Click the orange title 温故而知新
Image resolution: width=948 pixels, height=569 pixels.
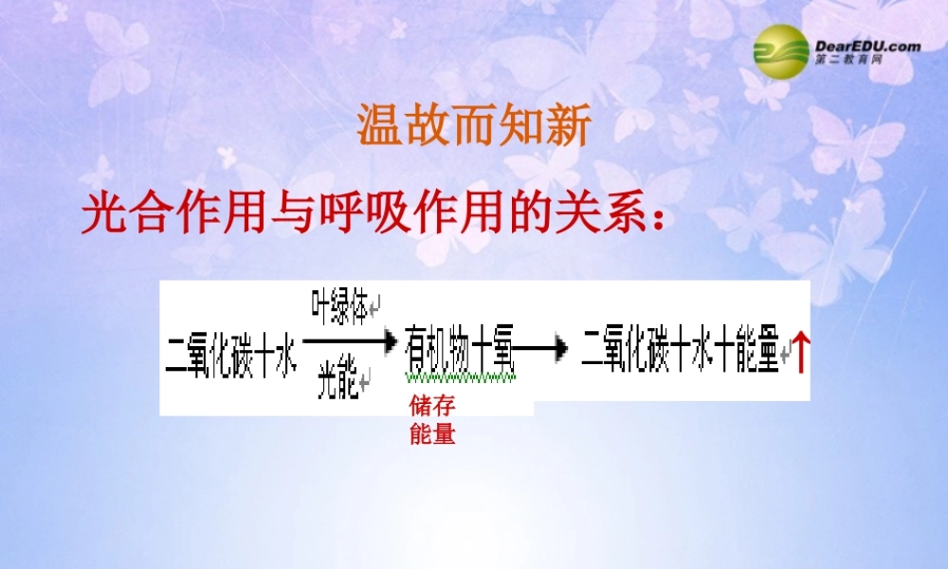[473, 126]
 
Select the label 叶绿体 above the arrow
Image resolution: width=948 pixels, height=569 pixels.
[339, 309]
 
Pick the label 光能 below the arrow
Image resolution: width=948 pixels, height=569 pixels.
[337, 380]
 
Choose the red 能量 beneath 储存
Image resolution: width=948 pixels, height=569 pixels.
[432, 436]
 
